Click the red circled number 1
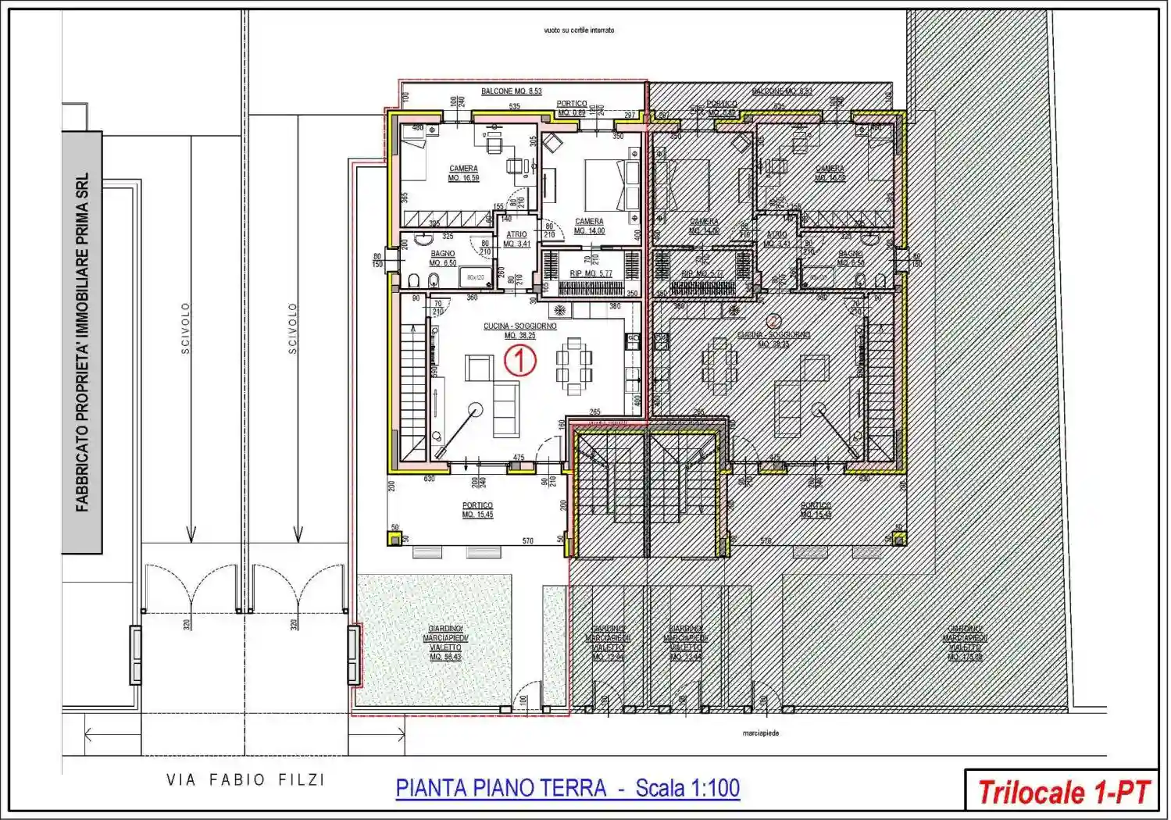tap(519, 362)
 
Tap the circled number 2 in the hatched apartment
tap(773, 320)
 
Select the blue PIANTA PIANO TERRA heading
tap(568, 788)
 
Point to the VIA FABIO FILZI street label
tap(245, 779)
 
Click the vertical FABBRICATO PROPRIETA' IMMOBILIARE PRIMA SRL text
tap(82, 342)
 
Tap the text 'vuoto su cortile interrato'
tap(579, 30)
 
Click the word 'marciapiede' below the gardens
tap(760, 733)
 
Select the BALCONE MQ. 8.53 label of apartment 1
tap(511, 91)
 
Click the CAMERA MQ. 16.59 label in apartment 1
tap(463, 173)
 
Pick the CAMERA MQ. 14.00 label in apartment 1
tap(589, 226)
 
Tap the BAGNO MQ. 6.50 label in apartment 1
tap(443, 258)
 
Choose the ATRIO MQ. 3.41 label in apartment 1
tap(516, 239)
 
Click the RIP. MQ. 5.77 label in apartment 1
tap(591, 273)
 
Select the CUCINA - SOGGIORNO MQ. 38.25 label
tap(519, 330)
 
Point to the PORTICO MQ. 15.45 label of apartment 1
tap(477, 510)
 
